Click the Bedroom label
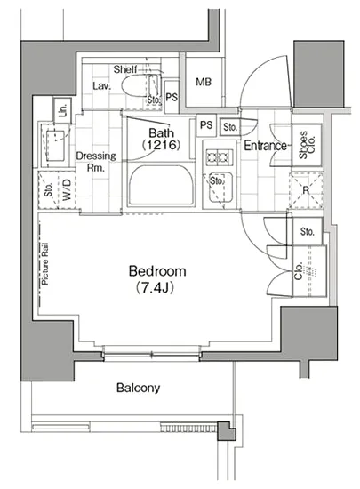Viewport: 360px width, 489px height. click(157, 271)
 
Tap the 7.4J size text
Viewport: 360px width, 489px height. click(155, 288)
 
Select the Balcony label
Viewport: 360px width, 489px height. click(138, 388)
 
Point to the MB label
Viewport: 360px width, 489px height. click(204, 82)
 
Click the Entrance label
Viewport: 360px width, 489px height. click(265, 145)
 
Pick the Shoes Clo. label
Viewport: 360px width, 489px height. click(307, 145)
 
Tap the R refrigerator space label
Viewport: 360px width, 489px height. click(306, 189)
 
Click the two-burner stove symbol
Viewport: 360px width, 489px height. click(220, 156)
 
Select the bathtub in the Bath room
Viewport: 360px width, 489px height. click(161, 185)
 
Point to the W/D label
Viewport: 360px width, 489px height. click(67, 190)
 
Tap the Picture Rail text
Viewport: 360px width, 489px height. click(45, 263)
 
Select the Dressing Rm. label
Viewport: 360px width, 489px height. click(96, 162)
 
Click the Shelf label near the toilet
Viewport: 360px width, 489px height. click(125, 69)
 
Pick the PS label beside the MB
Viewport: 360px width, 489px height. click(172, 97)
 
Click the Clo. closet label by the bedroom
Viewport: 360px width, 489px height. click(299, 271)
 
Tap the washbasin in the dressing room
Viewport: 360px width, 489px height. click(56, 146)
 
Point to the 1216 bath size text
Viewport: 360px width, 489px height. click(161, 145)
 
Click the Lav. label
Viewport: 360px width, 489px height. click(102, 85)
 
